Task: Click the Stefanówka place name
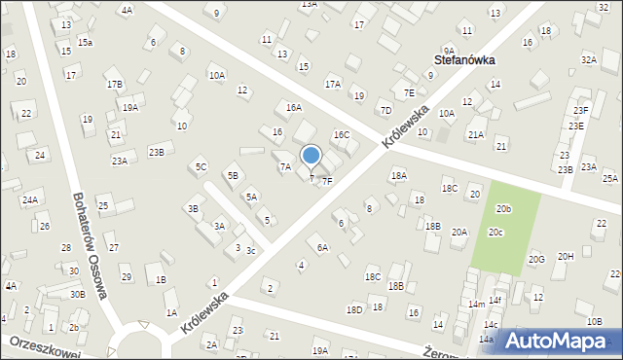[463, 59]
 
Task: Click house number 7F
[327, 181]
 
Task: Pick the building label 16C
[341, 135]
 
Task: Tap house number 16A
[293, 107]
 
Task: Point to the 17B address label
[115, 85]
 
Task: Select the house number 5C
[201, 167]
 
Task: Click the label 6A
[322, 248]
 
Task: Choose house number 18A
[398, 176]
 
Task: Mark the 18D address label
[354, 309]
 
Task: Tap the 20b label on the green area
[503, 209]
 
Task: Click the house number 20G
[536, 260]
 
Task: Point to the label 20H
[566, 256]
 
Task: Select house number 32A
[588, 60]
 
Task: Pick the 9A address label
[449, 51]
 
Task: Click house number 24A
[30, 200]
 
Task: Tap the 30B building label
[77, 294]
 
